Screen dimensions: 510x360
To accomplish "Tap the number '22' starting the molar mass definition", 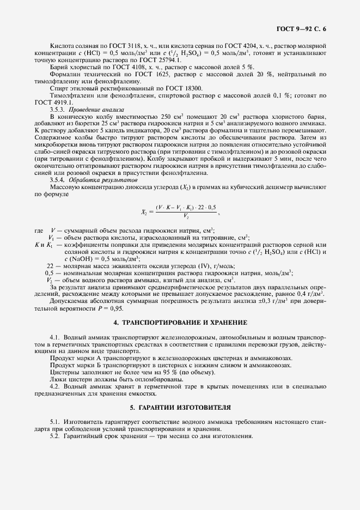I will click(50, 265).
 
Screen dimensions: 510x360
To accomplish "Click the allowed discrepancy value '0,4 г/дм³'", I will click(312, 294).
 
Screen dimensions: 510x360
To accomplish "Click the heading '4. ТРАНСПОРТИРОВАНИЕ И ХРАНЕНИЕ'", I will click(180, 323).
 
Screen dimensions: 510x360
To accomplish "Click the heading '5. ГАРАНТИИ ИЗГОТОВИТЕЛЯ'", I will click(180, 407).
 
